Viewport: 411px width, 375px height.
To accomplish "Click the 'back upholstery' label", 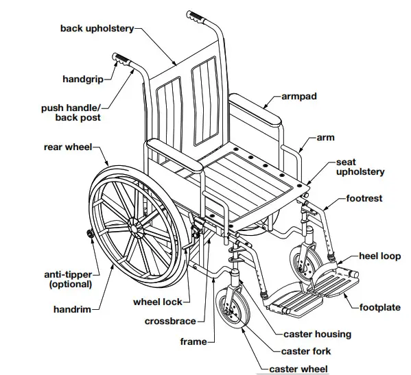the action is point(97,29).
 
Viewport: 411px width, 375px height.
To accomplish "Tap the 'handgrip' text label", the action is point(83,79).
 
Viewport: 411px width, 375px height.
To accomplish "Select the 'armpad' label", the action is point(299,97).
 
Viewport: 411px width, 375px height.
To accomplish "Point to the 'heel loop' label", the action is point(380,256).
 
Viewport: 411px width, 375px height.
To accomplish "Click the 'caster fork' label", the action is point(306,352).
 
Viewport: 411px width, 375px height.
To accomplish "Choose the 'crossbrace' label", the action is point(170,322).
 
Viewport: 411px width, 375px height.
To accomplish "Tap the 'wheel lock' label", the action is point(158,302).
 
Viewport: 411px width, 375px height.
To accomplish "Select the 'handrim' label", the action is point(72,310).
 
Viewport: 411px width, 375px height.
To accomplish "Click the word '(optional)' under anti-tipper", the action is point(71,285).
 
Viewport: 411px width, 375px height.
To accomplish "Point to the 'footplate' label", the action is point(380,307).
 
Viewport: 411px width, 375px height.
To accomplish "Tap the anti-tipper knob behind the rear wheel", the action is point(91,234).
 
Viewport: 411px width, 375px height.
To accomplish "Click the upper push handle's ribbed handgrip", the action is point(196,16).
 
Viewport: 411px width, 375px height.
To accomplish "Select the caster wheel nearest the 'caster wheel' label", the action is point(233,309).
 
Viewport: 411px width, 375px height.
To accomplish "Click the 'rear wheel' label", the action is point(68,147).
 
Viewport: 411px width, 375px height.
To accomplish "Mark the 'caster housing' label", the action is point(318,335).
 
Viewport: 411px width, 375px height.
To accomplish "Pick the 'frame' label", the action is point(193,341).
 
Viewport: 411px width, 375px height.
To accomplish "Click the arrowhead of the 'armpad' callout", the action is point(265,107).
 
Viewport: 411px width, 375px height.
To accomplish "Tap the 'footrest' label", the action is point(364,199).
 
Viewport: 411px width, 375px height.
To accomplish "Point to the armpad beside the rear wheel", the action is point(174,155).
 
